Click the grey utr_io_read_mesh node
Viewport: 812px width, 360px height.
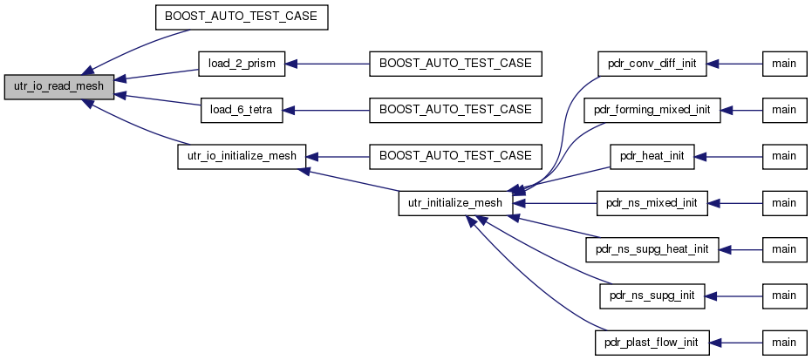pos(59,87)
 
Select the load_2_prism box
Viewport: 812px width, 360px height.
pos(242,64)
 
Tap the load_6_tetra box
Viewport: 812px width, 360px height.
pos(242,110)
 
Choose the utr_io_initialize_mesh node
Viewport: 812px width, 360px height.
pos(242,156)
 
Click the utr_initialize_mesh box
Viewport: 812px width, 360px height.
pos(455,203)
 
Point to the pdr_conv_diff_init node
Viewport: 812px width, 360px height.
pos(652,64)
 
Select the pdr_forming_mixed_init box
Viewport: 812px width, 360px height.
pos(652,110)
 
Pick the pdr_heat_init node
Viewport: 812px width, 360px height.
pos(652,156)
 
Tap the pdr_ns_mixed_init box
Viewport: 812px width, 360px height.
pos(652,203)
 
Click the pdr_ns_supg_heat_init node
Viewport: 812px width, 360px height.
pos(652,249)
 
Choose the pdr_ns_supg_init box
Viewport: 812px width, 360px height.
pos(652,295)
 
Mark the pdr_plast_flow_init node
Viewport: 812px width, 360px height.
pos(652,343)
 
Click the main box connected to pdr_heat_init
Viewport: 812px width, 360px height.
pos(785,156)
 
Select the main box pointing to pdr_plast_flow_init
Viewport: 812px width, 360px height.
pos(785,343)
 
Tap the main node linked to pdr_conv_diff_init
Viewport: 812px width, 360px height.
pos(785,64)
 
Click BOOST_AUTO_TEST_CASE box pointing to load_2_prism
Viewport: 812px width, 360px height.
pos(455,64)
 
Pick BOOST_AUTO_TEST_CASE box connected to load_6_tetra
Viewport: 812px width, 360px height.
pos(455,110)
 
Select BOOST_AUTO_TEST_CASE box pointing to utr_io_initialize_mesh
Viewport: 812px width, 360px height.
pos(455,156)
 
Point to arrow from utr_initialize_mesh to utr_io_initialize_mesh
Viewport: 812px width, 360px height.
pos(352,180)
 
